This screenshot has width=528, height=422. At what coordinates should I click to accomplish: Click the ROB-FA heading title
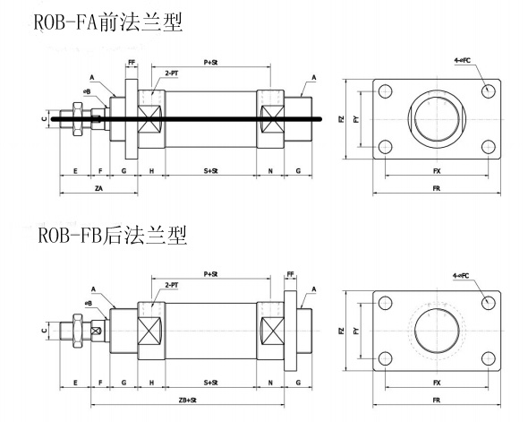(x=108, y=22)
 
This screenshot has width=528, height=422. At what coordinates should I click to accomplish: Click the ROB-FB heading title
(x=113, y=235)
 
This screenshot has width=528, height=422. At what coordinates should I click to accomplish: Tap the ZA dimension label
(x=98, y=188)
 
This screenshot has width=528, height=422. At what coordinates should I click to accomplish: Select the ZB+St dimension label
(x=188, y=400)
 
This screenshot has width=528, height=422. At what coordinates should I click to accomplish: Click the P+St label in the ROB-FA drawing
(x=211, y=63)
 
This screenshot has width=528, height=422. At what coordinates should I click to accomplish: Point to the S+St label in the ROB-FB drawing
(x=211, y=383)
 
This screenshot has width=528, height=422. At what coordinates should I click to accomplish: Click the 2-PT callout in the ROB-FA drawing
(x=172, y=73)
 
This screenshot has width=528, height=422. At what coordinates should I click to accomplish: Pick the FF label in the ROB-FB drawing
(x=290, y=274)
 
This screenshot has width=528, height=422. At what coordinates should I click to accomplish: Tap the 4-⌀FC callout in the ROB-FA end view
(x=462, y=61)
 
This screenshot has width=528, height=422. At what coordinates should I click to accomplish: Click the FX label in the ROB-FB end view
(x=437, y=383)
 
